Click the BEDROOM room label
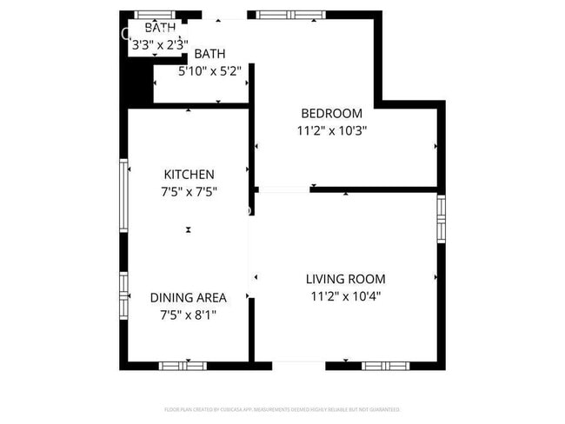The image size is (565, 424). pos(331,114)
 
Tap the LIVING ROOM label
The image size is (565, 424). pos(345,279)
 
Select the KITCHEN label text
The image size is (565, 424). pos(189,175)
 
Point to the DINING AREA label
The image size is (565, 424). pos(189,298)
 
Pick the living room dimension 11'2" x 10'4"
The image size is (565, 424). pos(346,296)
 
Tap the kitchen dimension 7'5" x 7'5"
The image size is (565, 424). pos(189,192)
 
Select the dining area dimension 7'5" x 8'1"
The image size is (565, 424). pos(189,315)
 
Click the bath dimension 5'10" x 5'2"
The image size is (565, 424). pos(209,71)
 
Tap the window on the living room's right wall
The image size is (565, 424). pos(441,220)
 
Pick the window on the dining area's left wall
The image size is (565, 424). pos(123,295)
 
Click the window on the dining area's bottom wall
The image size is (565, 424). pos(183,366)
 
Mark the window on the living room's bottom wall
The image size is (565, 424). pos(389,366)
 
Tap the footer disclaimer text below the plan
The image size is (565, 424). pos(282,408)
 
